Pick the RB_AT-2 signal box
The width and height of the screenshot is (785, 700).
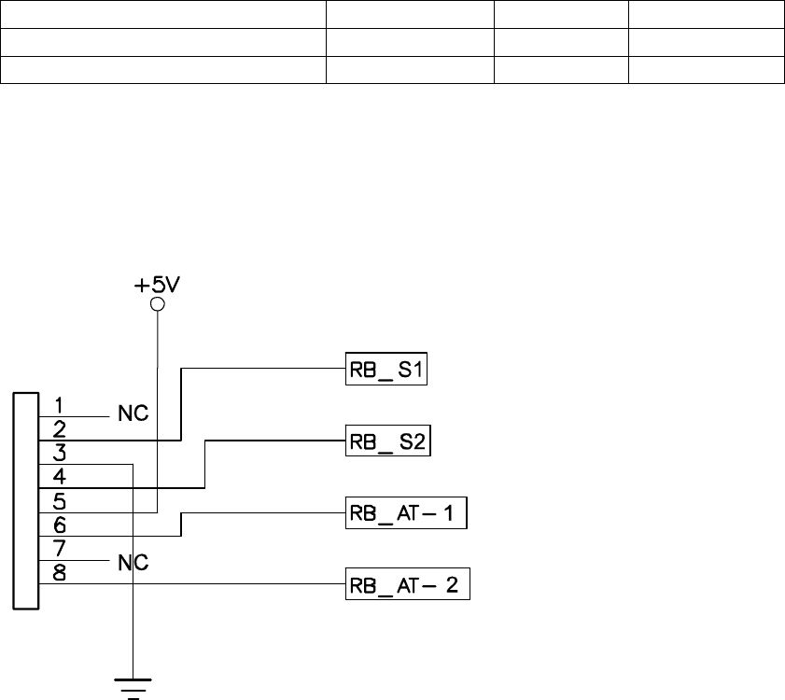point(407,585)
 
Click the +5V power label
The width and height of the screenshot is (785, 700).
point(157,285)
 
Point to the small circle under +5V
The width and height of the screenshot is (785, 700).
point(157,305)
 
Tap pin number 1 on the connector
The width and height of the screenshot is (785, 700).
point(58,406)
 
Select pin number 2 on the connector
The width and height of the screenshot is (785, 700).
point(58,429)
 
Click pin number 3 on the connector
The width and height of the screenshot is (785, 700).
point(58,455)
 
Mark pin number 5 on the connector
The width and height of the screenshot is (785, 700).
point(58,501)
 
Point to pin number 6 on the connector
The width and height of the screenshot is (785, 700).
point(58,525)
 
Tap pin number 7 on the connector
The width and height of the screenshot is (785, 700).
point(58,549)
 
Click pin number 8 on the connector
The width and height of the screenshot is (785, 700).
point(58,573)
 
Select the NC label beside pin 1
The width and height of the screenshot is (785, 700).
point(133,414)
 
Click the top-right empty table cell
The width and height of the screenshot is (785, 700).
point(705,14)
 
